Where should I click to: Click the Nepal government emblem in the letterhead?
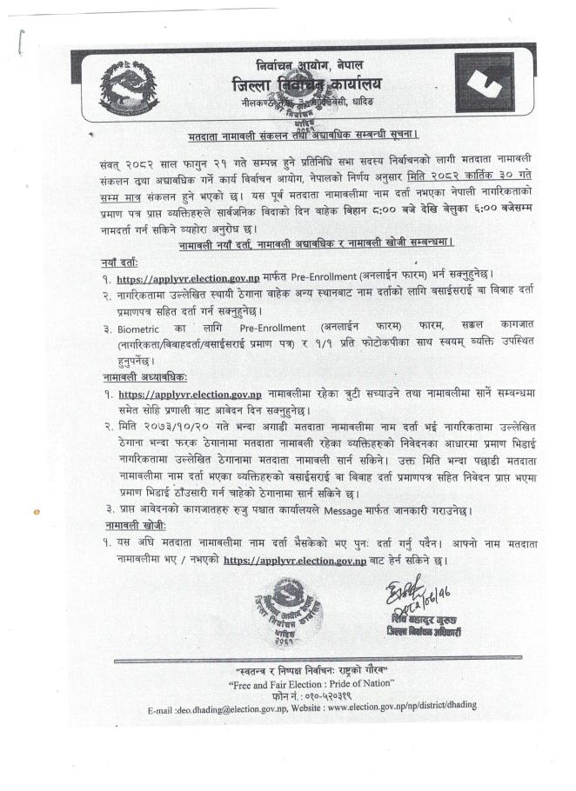coord(129,89)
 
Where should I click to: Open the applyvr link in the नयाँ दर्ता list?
coord(189,279)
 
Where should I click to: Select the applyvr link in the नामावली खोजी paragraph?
coord(294,561)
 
